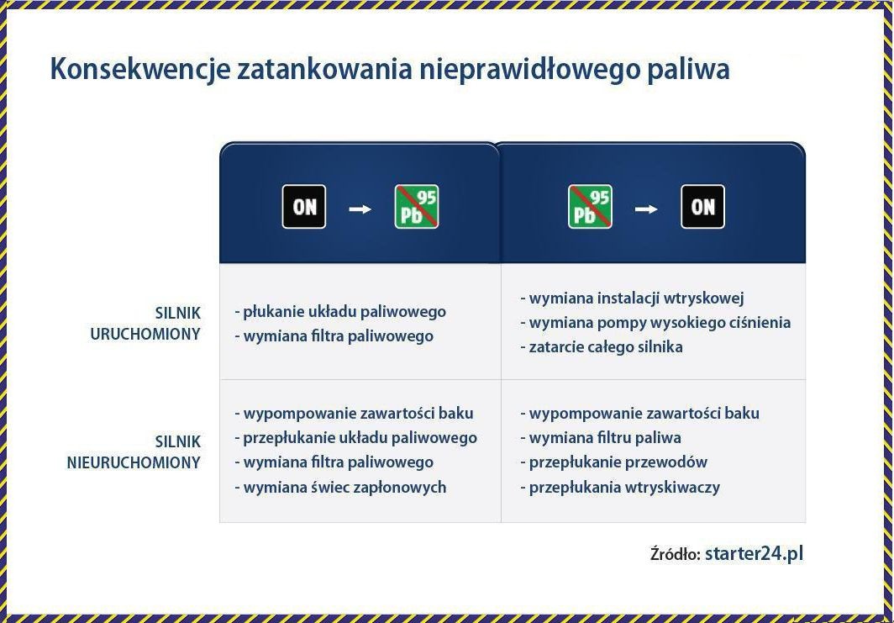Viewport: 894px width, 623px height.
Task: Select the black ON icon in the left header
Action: point(304,207)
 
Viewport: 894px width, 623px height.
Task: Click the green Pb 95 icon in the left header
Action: point(417,207)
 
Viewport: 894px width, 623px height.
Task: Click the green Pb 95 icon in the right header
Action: point(590,207)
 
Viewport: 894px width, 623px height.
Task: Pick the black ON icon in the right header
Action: point(702,207)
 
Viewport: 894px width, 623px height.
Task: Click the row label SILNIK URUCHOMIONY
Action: point(145,323)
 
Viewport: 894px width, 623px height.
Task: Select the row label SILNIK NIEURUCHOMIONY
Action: point(134,451)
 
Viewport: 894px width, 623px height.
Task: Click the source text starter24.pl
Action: point(755,553)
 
